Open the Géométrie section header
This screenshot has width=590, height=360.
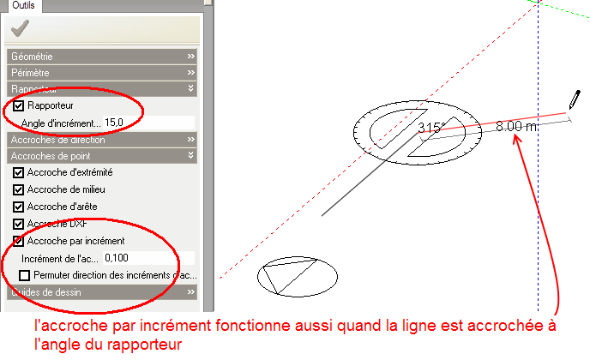[103, 56]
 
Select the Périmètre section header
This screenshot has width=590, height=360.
[103, 72]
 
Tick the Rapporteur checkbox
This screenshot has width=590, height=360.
[19, 106]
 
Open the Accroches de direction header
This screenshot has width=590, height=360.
[103, 139]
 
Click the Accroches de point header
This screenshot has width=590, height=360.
[103, 155]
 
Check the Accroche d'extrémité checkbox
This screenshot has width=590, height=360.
[19, 172]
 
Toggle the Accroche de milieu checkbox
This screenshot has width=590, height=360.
[19, 189]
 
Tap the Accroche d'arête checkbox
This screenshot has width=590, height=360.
[19, 207]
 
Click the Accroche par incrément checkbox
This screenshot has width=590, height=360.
[19, 241]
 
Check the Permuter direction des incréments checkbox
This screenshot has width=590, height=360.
[24, 275]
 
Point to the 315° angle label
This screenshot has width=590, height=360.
[430, 128]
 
